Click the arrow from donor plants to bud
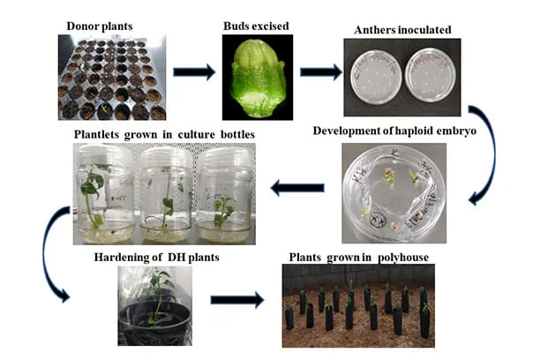(x=192, y=71)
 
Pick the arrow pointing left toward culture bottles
(x=297, y=186)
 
